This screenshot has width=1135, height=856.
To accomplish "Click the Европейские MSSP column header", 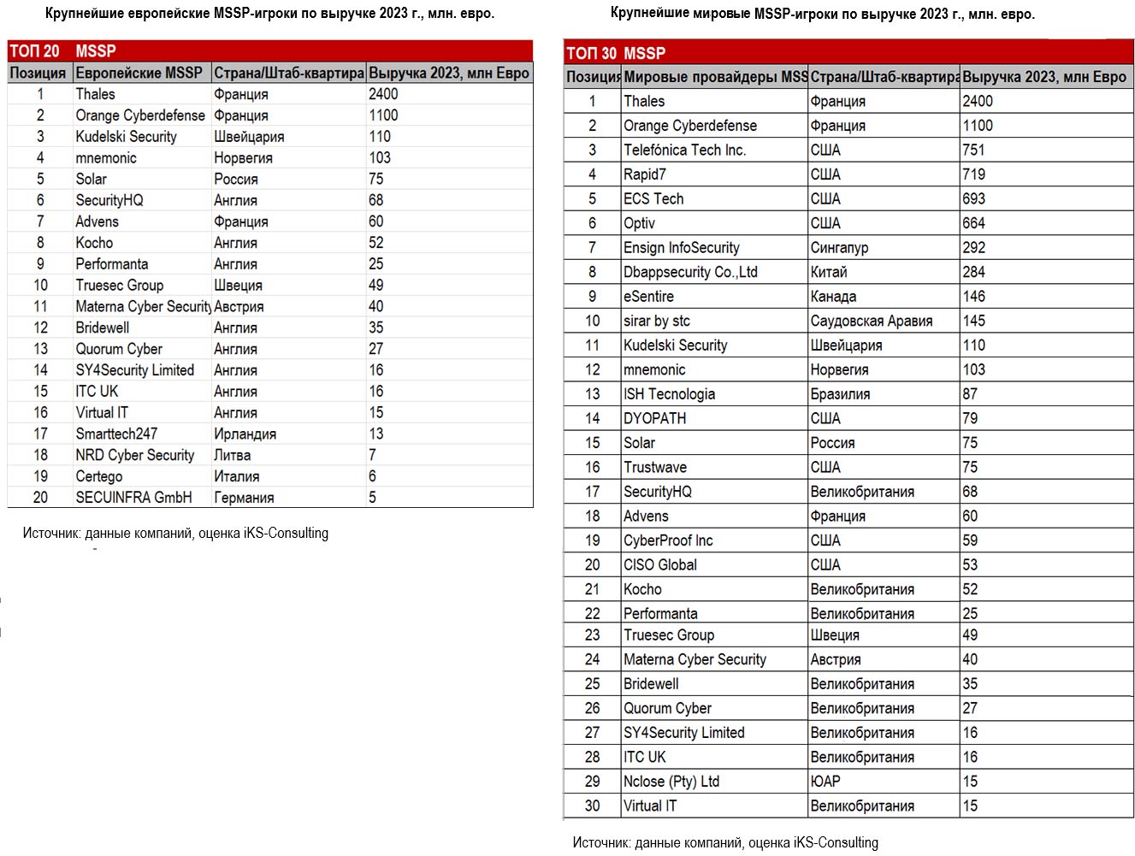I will tap(139, 73).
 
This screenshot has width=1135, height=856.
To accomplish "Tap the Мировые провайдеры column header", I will tap(715, 77).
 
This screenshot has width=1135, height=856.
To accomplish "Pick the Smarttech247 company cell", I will tap(116, 434).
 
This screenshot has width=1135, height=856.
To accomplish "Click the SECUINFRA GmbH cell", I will tap(133, 498).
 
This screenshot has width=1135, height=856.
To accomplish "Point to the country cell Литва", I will tap(233, 455).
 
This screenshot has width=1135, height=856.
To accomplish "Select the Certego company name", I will tap(99, 476).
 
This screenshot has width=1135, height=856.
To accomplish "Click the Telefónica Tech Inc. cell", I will tap(684, 150).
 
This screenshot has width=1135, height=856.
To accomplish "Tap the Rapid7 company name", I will tap(645, 174).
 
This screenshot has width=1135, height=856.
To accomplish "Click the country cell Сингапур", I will tap(839, 247).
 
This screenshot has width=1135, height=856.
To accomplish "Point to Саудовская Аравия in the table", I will tap(872, 321).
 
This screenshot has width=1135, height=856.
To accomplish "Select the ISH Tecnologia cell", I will tap(669, 394).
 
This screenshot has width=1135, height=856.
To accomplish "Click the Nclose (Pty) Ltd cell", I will tap(671, 782).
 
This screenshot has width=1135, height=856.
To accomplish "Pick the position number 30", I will tap(592, 806).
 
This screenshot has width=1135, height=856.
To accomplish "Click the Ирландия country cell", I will tap(245, 434).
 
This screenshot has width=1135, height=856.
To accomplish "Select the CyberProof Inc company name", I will tap(668, 540).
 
